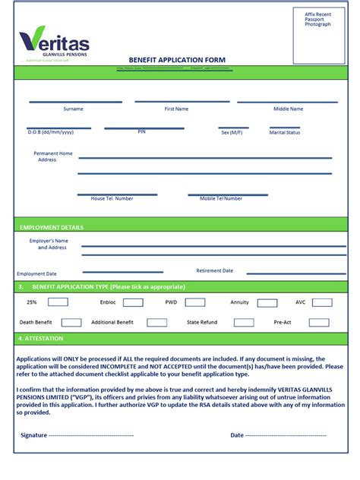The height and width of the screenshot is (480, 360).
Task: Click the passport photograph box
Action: coord(318,36)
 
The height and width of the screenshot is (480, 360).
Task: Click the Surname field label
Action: coord(74,109)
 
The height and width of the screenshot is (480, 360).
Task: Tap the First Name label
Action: coord(176,109)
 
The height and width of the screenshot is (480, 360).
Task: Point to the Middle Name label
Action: coord(288,109)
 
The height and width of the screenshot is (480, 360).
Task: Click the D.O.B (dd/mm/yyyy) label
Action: coord(51,132)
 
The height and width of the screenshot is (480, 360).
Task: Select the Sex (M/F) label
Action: coord(231,132)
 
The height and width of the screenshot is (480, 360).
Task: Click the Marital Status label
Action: coord(285,132)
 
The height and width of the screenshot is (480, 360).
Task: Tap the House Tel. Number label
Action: coord(112,198)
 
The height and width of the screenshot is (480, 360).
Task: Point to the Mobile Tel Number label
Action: coord(221,198)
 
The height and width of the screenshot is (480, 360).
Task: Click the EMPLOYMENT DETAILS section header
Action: coord(52,227)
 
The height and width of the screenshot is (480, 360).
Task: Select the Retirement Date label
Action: coord(215,270)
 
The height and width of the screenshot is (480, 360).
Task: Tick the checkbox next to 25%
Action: coord(58,302)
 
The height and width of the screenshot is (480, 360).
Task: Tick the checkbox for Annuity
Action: coord(267,302)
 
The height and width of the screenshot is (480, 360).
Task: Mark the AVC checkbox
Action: coord(321,302)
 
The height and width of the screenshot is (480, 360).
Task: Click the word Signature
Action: coord(33,435)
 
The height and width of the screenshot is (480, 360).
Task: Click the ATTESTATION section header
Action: coord(43,338)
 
